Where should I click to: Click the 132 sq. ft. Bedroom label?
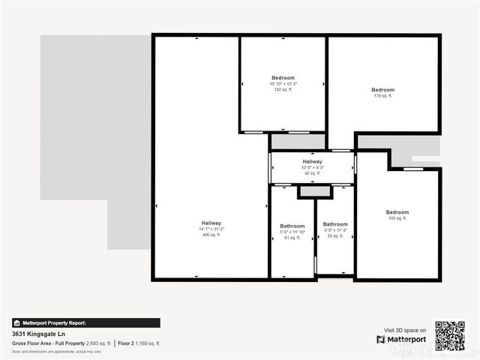click(x=283, y=78)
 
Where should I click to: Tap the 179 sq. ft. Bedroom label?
click(x=382, y=90)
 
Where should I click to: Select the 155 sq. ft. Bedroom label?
click(x=397, y=212)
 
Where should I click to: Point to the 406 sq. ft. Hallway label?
click(x=211, y=223)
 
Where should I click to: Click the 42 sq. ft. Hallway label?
click(x=312, y=162)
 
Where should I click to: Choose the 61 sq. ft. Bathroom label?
click(x=292, y=226)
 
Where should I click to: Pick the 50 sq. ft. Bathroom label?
click(x=335, y=224)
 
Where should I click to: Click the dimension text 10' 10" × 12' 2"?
click(x=283, y=84)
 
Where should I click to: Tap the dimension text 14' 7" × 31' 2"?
click(x=211, y=229)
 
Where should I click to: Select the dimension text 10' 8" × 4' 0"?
click(x=312, y=167)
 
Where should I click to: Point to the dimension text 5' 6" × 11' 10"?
click(x=292, y=231)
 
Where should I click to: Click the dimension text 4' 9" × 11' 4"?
click(x=335, y=230)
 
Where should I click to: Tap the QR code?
click(x=451, y=336)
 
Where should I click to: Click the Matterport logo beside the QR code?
click(x=406, y=340)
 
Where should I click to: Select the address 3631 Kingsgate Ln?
click(x=39, y=334)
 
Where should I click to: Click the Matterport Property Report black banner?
click(x=85, y=322)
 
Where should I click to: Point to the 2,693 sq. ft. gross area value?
click(x=98, y=343)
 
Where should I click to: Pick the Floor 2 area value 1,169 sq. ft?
click(x=147, y=343)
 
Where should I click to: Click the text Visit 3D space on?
click(x=405, y=330)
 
